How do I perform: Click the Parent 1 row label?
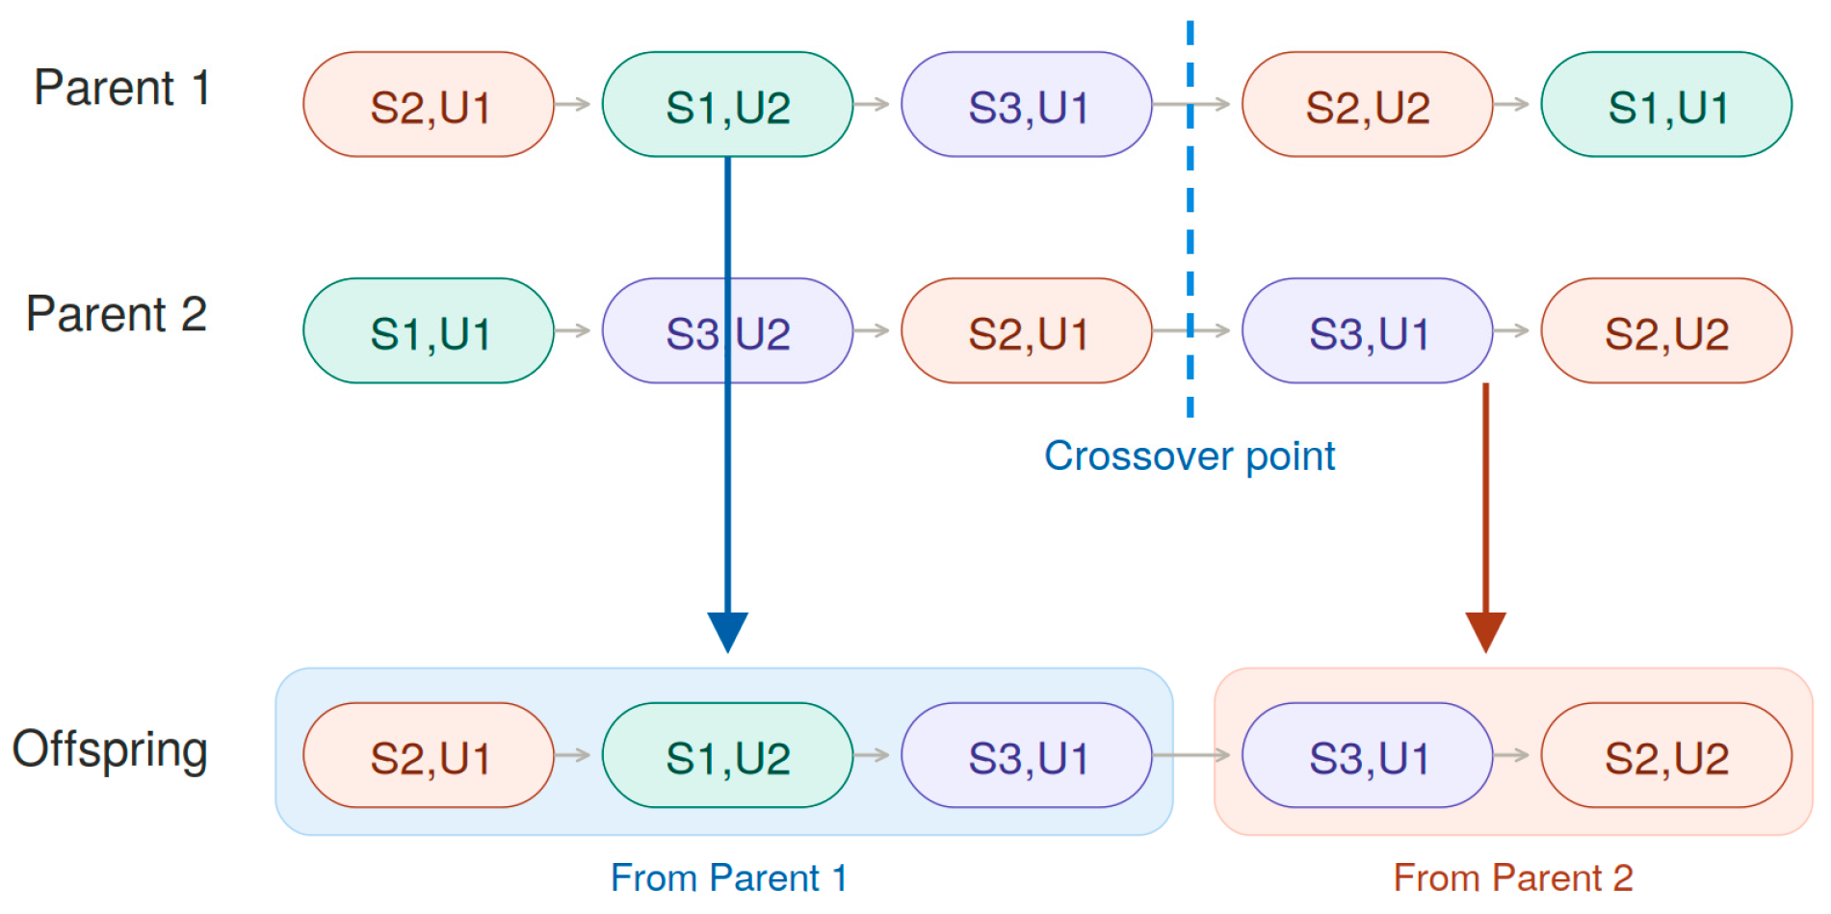pyautogui.click(x=122, y=88)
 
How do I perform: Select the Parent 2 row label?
pyautogui.click(x=117, y=314)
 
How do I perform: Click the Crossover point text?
pyautogui.click(x=1190, y=457)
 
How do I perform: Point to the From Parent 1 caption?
pyautogui.click(x=729, y=877)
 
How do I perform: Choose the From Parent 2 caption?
pyautogui.click(x=1513, y=877)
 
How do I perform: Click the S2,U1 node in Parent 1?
pyautogui.click(x=429, y=104)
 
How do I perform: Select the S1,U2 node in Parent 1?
pyautogui.click(x=727, y=104)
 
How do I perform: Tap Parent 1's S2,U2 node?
pyautogui.click(x=1367, y=104)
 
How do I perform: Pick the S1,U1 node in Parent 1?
pyautogui.click(x=1666, y=104)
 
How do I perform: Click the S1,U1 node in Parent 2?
pyautogui.click(x=429, y=330)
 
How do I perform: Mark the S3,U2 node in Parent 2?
pyautogui.click(x=727, y=330)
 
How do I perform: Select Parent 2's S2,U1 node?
pyautogui.click(x=1027, y=330)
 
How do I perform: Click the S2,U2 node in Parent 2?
pyautogui.click(x=1666, y=330)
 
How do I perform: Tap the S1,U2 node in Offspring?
pyautogui.click(x=727, y=755)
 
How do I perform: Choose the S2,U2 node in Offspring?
pyautogui.click(x=1666, y=755)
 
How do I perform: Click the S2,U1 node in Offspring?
pyautogui.click(x=429, y=755)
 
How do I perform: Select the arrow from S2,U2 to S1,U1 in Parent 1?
pyautogui.click(x=1511, y=104)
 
